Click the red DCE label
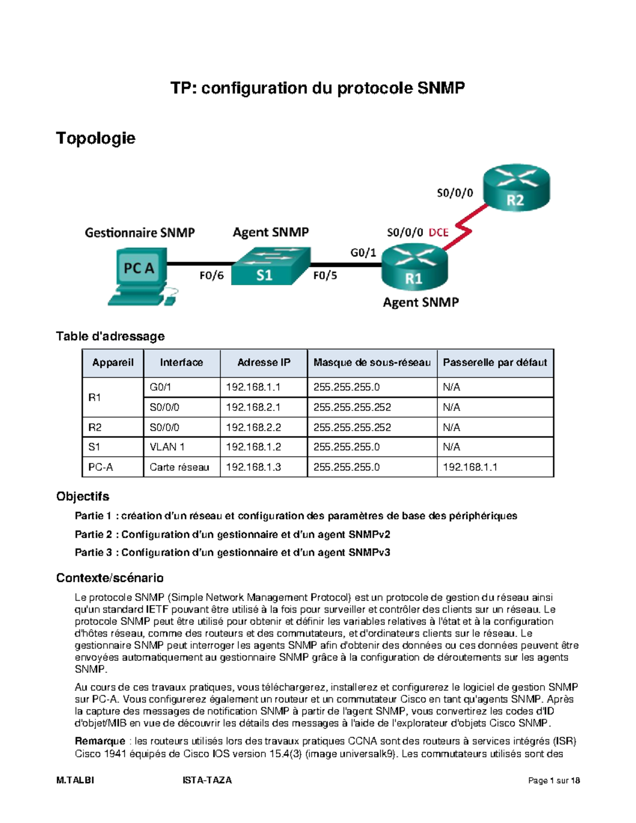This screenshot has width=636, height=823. click(x=438, y=232)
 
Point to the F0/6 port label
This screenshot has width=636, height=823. click(x=211, y=275)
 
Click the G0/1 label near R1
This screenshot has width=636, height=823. click(x=363, y=253)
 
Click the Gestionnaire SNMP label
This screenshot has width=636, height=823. click(x=140, y=233)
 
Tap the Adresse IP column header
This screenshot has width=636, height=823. click(x=263, y=362)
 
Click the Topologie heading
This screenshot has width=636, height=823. click(x=95, y=138)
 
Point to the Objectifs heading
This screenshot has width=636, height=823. click(x=83, y=496)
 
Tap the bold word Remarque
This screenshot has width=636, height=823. click(x=100, y=741)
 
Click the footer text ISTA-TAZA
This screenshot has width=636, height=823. click(x=207, y=780)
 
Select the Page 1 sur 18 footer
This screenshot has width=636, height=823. click(x=554, y=780)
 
